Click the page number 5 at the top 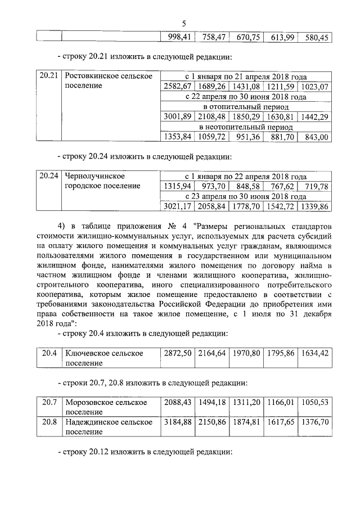[184, 23]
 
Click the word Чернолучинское [94, 176]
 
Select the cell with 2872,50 [177, 353]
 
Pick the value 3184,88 [177, 422]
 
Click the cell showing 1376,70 [315, 422]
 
